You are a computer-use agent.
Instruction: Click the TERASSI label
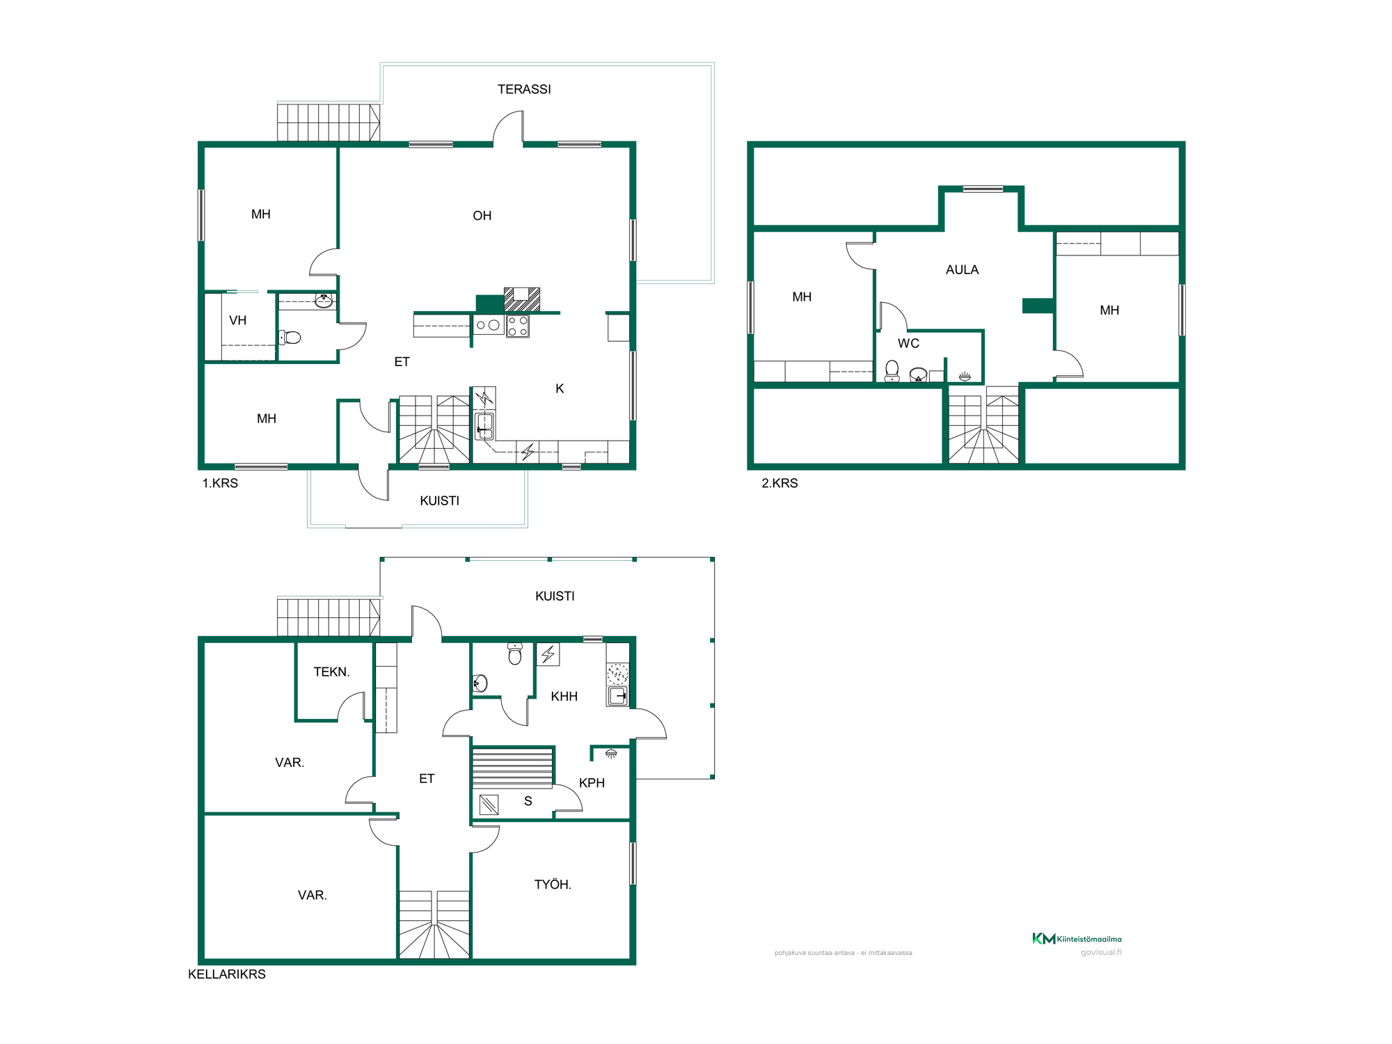tap(524, 89)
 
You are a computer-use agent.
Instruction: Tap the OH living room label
tap(482, 216)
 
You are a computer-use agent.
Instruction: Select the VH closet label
tap(238, 320)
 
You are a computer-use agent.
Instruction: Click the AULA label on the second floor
tap(962, 270)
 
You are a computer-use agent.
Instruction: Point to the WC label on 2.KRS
tap(908, 343)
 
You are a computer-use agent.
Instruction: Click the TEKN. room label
tap(331, 672)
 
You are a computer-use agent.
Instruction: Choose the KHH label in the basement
tap(564, 697)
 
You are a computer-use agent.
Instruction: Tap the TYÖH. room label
tap(553, 884)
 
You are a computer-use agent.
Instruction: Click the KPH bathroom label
tap(592, 783)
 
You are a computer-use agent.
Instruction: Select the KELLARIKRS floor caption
tap(227, 974)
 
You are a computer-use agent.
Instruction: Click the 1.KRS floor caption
tap(220, 483)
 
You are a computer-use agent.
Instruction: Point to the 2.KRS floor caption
tap(780, 483)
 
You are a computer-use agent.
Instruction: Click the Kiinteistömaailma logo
tap(1077, 938)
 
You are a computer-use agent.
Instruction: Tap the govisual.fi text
tap(1101, 952)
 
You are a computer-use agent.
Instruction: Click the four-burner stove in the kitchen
tap(518, 326)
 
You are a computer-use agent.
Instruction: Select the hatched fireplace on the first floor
tap(522, 299)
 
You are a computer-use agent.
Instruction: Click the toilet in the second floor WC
tap(892, 371)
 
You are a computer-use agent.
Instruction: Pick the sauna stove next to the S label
tap(489, 805)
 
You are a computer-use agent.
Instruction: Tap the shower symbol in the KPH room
tap(611, 754)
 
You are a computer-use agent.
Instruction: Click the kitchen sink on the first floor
tap(484, 425)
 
